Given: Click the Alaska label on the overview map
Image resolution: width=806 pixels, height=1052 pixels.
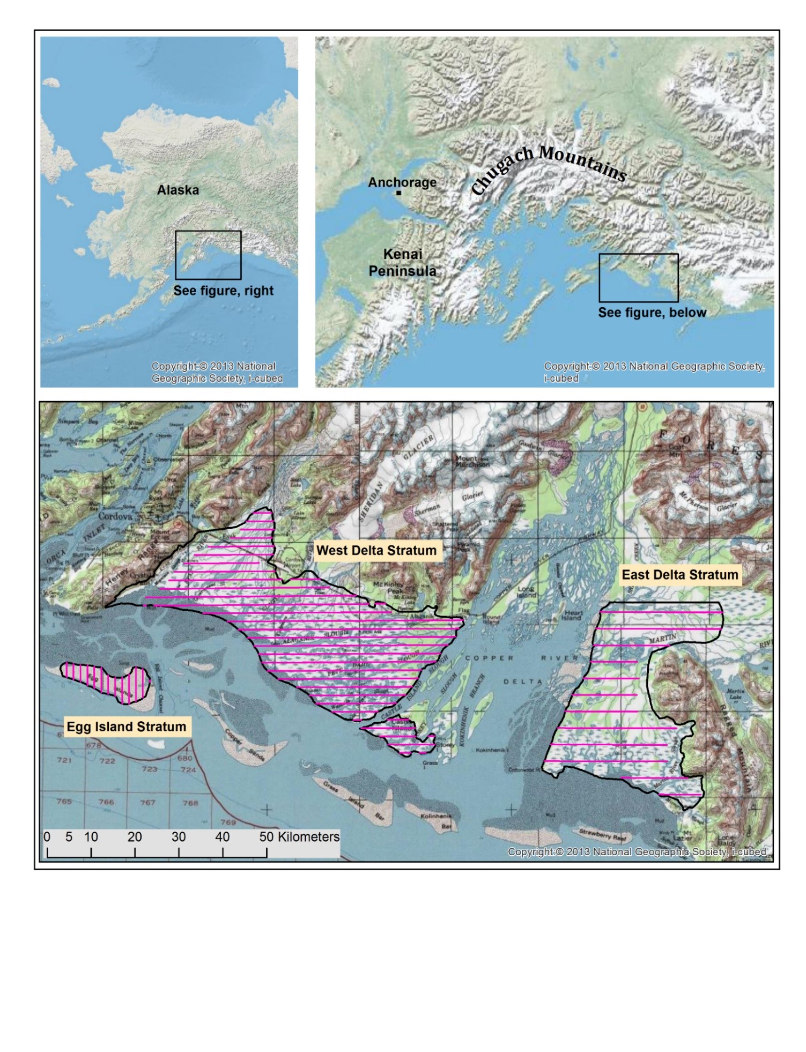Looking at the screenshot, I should (x=178, y=190).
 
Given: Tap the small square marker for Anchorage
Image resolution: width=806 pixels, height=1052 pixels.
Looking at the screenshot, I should (x=398, y=192).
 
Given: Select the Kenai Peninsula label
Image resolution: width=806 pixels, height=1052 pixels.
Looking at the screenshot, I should (x=402, y=262).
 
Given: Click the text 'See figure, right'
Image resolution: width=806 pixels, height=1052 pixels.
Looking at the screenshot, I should (x=223, y=291).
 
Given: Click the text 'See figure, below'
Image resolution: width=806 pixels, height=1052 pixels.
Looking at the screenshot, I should (x=652, y=313).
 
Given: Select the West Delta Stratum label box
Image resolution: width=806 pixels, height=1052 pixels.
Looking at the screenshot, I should (x=376, y=550).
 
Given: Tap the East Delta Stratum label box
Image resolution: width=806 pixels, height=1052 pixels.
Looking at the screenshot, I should (x=679, y=575).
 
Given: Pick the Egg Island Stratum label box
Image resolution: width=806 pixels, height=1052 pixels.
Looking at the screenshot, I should (x=126, y=727).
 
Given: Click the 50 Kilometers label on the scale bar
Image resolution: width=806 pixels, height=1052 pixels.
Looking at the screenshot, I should (x=299, y=837).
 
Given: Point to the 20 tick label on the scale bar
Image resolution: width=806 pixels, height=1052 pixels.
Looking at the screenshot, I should (x=135, y=837).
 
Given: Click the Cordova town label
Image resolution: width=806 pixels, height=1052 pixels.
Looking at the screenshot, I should (x=115, y=516).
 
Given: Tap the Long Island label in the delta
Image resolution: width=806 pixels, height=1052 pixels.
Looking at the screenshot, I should (x=526, y=592).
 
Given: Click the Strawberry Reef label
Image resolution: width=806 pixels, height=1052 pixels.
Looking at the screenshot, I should (x=602, y=835).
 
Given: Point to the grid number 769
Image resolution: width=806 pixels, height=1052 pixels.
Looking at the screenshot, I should (x=228, y=823).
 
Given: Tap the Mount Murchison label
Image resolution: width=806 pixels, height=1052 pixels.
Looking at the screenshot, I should (x=472, y=462).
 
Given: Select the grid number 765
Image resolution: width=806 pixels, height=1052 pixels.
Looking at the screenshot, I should (x=64, y=801).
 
